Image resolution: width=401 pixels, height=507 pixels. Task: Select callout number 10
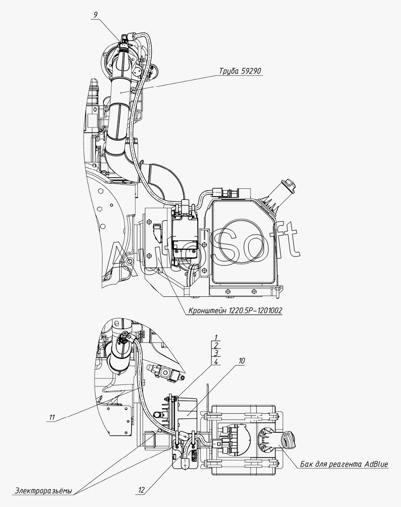[242, 360]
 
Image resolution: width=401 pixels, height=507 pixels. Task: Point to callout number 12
[142, 489]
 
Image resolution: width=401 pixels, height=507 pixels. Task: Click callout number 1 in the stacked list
[216, 337]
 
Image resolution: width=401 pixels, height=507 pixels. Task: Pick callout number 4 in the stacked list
[216, 361]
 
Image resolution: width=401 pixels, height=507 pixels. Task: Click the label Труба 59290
[241, 71]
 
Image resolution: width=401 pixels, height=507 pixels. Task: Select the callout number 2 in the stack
[216, 345]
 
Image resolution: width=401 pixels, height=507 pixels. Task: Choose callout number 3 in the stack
[216, 353]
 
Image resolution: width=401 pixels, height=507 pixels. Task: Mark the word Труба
[229, 71]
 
